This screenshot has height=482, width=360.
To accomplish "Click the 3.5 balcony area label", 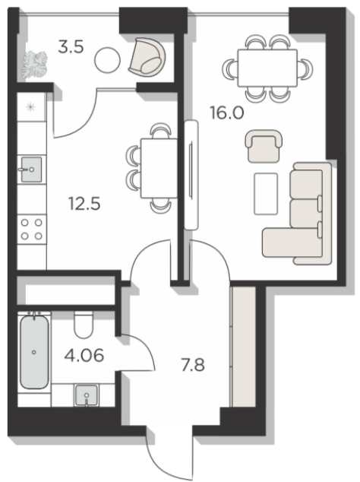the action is point(71,48).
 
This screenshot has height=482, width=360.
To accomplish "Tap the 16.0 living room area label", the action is point(227,113).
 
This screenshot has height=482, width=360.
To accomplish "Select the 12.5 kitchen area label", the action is point(84,204).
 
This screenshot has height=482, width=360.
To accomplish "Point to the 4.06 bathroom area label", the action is point(84,355).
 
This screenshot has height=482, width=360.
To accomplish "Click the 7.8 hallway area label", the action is point(193,365).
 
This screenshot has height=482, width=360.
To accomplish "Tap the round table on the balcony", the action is point(107,60).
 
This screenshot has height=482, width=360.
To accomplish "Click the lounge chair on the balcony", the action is point(147,57).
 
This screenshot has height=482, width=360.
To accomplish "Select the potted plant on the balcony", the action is point(34,65).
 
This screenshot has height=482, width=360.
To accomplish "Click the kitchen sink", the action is point(31,169).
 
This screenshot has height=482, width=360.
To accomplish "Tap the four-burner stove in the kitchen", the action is point(32,230).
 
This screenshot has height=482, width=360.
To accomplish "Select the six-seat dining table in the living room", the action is point(267,68).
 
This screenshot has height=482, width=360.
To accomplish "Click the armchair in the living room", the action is point(264,146).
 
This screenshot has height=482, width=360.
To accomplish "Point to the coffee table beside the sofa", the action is point(266,194).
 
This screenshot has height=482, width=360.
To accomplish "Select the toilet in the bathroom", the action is point(84,325).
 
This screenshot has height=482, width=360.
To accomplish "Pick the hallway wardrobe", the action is point(243,347).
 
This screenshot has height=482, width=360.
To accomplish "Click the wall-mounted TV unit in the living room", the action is point(191,175).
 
